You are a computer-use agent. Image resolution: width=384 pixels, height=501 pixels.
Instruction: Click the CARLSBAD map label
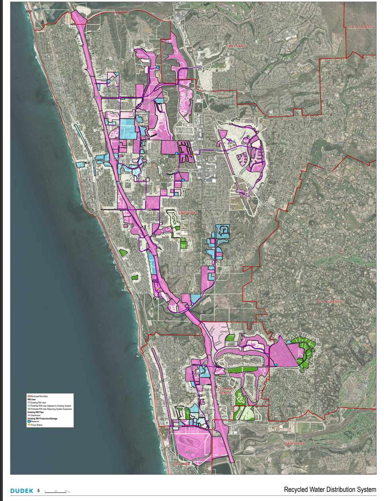click(236, 46)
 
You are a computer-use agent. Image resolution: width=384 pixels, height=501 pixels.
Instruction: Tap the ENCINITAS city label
click(188, 213)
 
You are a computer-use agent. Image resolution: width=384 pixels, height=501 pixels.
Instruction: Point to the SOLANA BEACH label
click(225, 391)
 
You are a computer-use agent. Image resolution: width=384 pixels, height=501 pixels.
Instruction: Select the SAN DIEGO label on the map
click(295, 443)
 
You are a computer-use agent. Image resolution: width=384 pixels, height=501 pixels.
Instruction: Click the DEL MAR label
click(182, 464)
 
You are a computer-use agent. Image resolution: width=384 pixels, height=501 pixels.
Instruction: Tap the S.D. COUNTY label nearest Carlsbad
click(360, 27)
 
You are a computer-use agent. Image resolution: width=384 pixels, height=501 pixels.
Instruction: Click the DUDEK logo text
click(21, 491)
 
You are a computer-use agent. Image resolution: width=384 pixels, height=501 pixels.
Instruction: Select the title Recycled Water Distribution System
click(330, 490)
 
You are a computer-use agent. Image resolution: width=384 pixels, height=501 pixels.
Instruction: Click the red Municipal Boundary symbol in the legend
click(29, 396)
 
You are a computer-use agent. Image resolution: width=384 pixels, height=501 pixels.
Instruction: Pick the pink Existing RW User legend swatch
click(29, 403)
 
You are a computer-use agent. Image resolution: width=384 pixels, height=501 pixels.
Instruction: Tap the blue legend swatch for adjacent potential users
click(29, 406)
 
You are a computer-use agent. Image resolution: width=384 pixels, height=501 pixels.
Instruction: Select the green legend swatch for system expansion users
click(29, 409)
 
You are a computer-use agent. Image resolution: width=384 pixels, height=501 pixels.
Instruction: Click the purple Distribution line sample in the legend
click(29, 415)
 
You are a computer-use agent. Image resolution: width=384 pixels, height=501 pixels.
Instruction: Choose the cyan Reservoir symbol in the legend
click(29, 422)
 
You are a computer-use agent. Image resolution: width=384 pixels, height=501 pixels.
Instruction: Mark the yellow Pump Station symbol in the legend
click(29, 425)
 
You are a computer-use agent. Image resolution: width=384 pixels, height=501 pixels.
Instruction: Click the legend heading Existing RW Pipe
click(35, 412)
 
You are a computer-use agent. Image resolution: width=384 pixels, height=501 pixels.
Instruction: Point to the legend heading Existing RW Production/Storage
click(42, 419)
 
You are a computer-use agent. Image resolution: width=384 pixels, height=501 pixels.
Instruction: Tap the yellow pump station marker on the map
click(158, 288)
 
